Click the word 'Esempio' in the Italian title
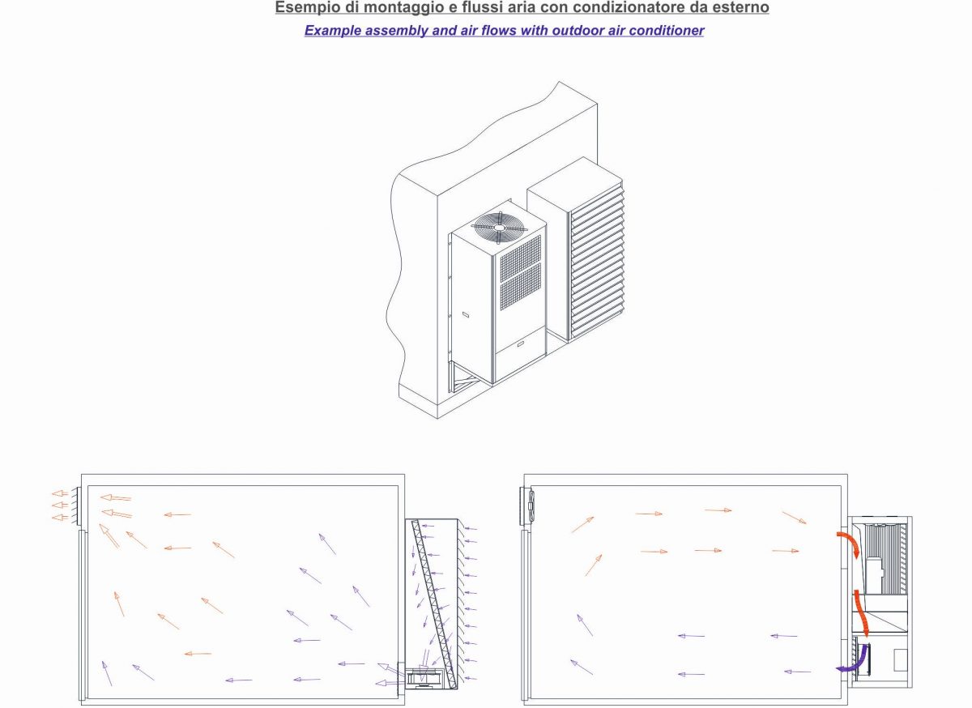(302, 8)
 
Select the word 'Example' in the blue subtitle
(330, 31)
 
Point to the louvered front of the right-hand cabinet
(598, 259)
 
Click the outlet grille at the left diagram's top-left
(74, 505)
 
